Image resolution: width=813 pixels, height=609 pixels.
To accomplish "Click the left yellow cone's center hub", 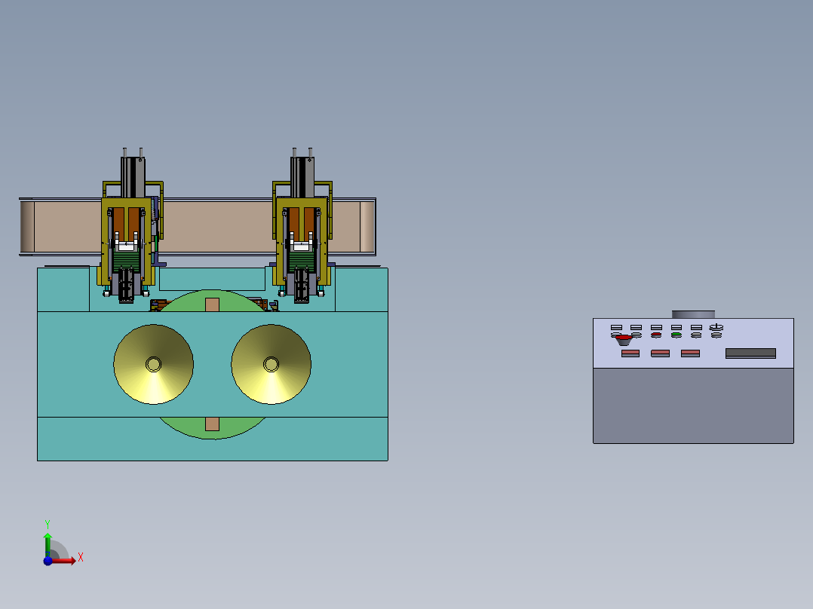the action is [154, 364].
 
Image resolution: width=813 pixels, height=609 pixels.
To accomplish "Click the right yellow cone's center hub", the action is [272, 364].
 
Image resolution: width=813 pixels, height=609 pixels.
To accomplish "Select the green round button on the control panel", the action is [676, 335].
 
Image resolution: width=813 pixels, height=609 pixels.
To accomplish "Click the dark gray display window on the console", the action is [750, 353].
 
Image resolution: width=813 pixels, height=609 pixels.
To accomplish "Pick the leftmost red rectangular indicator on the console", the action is [630, 353].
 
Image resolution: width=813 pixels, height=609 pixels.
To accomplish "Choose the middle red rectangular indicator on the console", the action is [660, 353].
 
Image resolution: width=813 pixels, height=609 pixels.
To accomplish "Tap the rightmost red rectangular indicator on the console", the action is [690, 353].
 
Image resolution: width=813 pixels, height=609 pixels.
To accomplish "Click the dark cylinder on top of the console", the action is [693, 314].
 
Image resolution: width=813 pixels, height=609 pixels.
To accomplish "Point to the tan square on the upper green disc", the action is [212, 304].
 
